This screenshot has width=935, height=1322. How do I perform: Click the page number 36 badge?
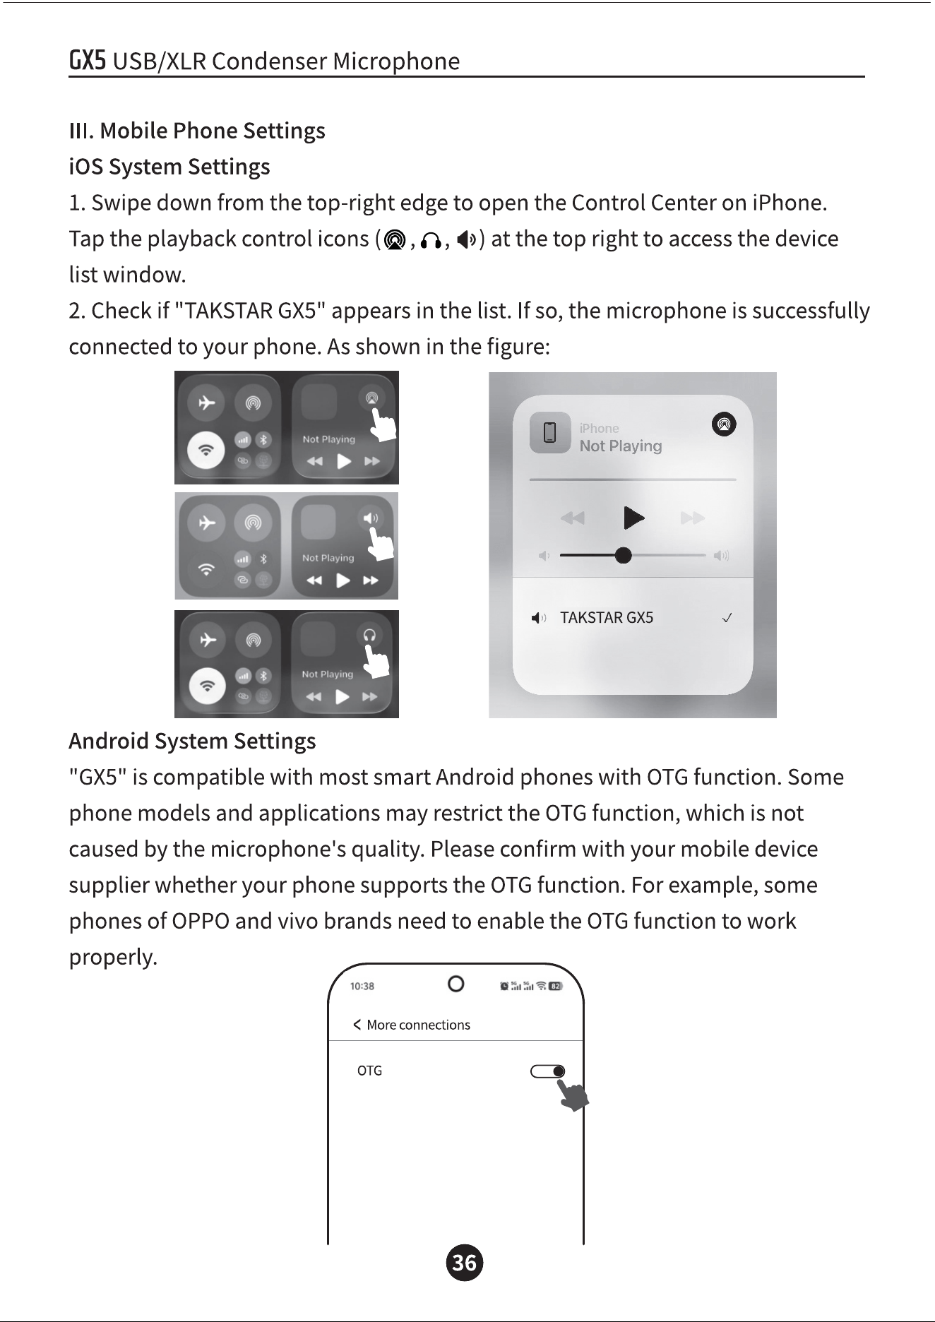click(465, 1263)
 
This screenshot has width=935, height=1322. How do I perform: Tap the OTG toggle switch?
click(547, 1072)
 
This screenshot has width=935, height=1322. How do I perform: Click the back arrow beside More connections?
click(357, 1025)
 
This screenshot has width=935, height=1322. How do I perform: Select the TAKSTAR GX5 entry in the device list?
click(607, 618)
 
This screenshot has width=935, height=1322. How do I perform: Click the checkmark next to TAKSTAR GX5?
click(727, 618)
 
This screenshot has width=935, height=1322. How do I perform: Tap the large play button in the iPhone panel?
click(634, 518)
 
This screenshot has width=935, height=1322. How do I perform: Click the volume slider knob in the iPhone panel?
click(623, 555)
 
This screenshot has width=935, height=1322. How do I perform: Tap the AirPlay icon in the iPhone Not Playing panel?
click(724, 424)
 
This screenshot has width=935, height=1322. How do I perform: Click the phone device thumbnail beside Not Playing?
click(550, 432)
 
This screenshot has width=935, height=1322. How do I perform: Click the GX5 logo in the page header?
click(88, 61)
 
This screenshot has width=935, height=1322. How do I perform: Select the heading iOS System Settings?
click(169, 167)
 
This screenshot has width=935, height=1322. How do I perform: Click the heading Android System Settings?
click(192, 742)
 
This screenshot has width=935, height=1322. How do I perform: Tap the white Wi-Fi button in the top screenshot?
click(206, 450)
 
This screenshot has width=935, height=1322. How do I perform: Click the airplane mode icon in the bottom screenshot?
click(207, 639)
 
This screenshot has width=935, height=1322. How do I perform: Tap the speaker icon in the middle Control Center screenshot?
click(370, 518)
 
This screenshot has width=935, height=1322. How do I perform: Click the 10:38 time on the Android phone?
click(362, 986)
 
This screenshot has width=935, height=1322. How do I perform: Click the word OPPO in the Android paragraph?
click(201, 922)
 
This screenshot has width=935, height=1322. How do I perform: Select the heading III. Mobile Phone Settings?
click(197, 131)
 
